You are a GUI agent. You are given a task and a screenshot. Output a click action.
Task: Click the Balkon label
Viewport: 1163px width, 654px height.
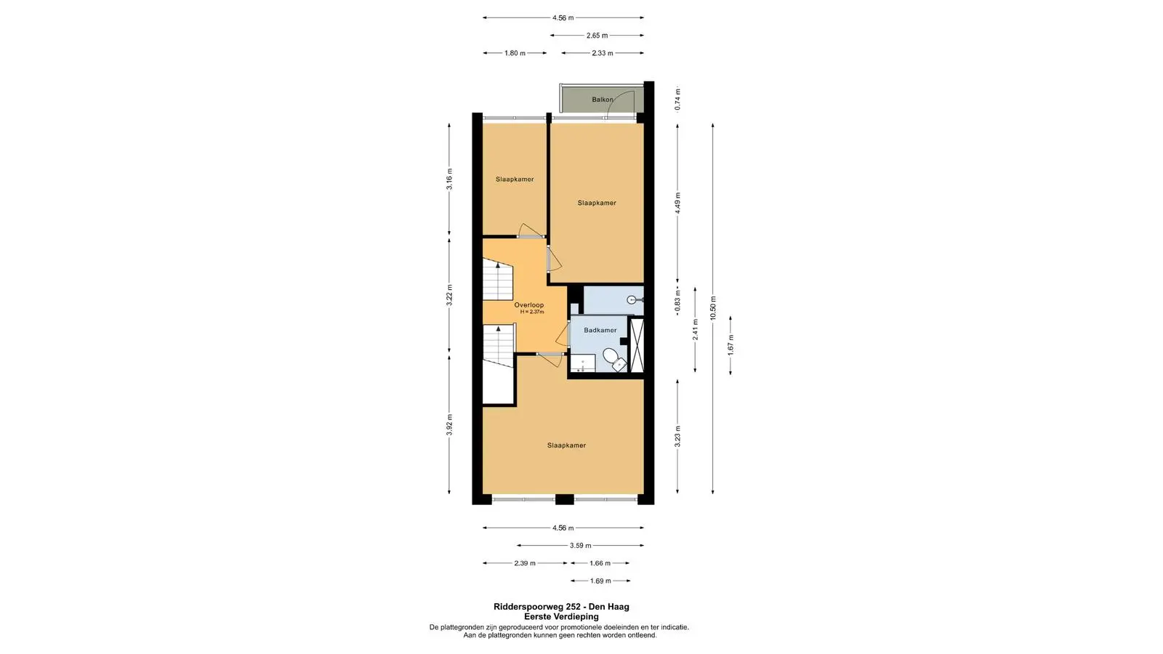click(603, 99)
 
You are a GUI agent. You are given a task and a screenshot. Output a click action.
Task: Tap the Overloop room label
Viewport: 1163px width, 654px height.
click(529, 304)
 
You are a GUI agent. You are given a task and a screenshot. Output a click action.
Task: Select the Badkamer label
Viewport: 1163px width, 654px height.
click(600, 330)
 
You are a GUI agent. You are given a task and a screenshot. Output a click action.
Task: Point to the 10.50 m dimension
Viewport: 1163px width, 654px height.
click(713, 308)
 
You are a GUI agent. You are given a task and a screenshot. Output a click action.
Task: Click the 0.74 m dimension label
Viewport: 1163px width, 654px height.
click(677, 100)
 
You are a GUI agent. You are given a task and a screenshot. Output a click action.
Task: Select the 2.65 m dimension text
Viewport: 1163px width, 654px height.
click(597, 36)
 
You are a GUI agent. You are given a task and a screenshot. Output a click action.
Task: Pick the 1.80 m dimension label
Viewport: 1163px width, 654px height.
click(515, 53)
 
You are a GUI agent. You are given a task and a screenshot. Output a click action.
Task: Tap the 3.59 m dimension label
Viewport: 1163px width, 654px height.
click(581, 546)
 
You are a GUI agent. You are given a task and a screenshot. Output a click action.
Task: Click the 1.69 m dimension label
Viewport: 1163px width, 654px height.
click(600, 581)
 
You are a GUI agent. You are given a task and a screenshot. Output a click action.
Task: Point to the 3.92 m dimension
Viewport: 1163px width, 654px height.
click(450, 424)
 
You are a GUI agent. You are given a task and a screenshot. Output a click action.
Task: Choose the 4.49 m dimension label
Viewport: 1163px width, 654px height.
click(677, 203)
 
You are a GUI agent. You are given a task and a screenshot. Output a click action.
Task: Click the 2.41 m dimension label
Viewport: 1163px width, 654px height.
click(695, 330)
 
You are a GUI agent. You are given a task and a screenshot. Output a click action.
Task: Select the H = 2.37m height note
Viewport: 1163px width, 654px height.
click(532, 312)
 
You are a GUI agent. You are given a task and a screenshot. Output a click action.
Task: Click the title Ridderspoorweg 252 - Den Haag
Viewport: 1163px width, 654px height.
click(561, 606)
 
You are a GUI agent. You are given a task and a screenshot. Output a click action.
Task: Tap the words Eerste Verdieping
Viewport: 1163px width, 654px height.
click(561, 617)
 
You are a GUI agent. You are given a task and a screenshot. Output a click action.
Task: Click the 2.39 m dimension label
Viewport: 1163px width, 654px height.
click(525, 563)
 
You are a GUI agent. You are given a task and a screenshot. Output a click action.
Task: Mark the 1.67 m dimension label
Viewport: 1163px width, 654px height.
click(731, 345)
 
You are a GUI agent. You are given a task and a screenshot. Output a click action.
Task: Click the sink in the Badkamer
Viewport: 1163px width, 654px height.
click(583, 363)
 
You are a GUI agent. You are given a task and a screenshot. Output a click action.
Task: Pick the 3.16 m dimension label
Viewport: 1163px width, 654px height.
click(450, 179)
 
